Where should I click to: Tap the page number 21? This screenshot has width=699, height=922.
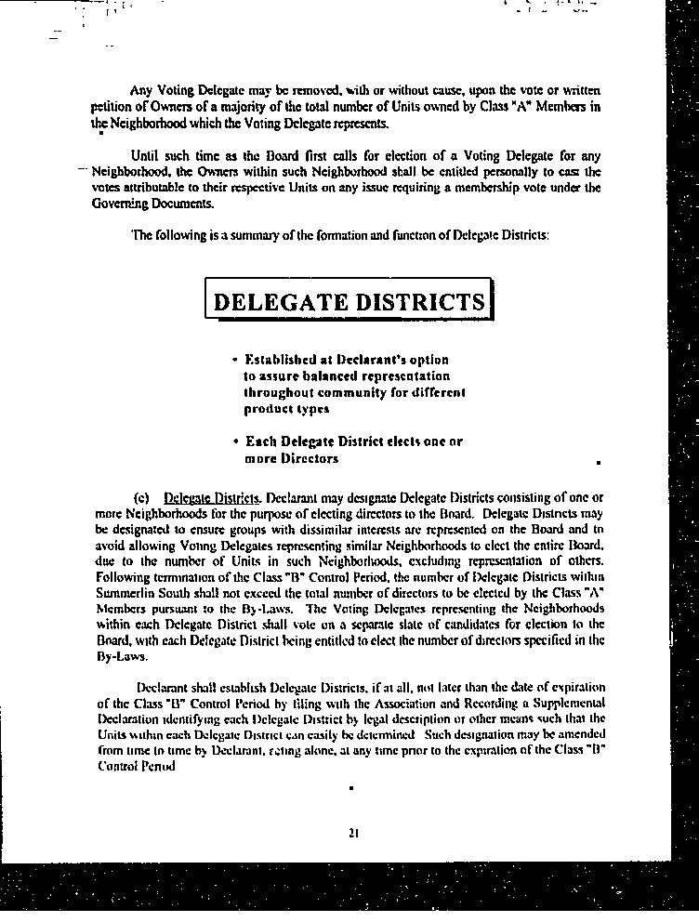(353, 833)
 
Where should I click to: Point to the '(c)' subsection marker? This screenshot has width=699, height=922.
(142, 497)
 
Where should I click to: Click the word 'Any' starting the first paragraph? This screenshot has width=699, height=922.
(141, 91)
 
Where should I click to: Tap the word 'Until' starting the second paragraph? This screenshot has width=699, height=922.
(146, 155)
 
